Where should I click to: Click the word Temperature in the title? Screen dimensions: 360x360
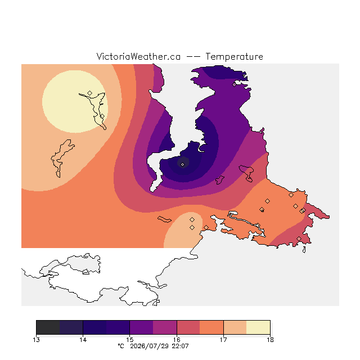pyautogui.click(x=234, y=56)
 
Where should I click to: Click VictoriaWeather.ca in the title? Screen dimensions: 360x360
pyautogui.click(x=138, y=56)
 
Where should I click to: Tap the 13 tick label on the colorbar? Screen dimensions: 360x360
pyautogui.click(x=36, y=340)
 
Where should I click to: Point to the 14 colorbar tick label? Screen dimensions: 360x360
pyautogui.click(x=83, y=340)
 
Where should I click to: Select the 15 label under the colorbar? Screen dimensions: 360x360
pyautogui.click(x=130, y=340)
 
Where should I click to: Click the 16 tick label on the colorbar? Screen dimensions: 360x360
pyautogui.click(x=177, y=340)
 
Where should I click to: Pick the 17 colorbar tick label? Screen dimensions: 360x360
pyautogui.click(x=223, y=340)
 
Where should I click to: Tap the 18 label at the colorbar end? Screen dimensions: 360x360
pyautogui.click(x=270, y=340)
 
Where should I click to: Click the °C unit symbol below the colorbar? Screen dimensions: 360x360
pyautogui.click(x=121, y=346)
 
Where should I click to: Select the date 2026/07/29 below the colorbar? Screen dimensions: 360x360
pyautogui.click(x=149, y=346)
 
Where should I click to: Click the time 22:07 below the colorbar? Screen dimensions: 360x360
pyautogui.click(x=180, y=346)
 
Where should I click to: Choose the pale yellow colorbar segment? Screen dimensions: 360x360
pyautogui.click(x=258, y=327)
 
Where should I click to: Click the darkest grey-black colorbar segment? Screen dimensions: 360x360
pyautogui.click(x=48, y=327)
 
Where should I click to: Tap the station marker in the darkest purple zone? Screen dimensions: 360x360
pyautogui.click(x=182, y=164)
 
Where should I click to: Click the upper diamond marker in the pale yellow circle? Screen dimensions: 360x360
pyautogui.click(x=90, y=93)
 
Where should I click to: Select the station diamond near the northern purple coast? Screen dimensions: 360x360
pyautogui.click(x=234, y=85)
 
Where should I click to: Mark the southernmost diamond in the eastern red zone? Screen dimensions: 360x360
pyautogui.click(x=299, y=238)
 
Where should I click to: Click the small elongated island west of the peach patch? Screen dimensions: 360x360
pyautogui.click(x=164, y=219)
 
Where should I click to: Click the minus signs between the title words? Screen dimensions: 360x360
pyautogui.click(x=193, y=57)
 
